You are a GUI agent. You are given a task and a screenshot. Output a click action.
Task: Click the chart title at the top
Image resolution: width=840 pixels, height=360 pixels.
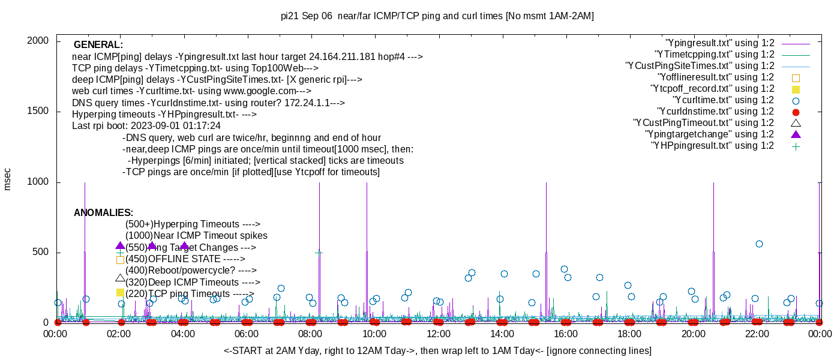click(x=437, y=16)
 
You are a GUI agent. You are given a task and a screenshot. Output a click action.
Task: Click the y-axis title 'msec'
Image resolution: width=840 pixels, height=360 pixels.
click(x=8, y=179)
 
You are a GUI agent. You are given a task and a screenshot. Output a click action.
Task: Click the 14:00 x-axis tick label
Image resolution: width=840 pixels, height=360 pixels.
click(x=502, y=334)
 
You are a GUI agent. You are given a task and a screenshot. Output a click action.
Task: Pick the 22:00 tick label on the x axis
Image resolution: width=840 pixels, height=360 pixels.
click(x=757, y=334)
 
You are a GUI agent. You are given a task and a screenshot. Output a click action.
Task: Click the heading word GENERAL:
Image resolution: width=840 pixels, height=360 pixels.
click(x=98, y=45)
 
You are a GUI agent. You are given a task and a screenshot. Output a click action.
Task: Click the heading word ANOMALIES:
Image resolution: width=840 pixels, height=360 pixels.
click(x=103, y=213)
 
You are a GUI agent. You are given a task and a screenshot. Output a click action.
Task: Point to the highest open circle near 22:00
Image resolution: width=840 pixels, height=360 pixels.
click(x=759, y=244)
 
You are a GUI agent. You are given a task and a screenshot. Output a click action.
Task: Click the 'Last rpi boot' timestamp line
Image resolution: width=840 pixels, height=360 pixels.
click(x=146, y=126)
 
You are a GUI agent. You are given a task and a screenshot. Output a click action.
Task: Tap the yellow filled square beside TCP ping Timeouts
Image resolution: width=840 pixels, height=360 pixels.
click(x=120, y=293)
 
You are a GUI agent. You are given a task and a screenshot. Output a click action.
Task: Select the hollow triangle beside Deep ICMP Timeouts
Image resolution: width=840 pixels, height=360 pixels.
click(x=120, y=278)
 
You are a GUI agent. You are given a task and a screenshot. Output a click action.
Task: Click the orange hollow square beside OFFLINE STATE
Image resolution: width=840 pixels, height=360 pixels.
click(x=120, y=260)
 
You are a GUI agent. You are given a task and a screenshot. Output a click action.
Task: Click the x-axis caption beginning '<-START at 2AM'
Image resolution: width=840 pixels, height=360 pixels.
click(x=437, y=350)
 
